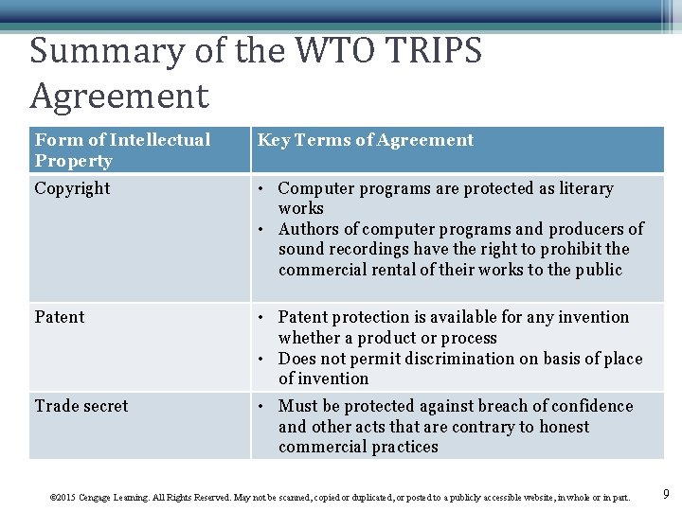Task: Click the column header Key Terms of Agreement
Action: (365, 140)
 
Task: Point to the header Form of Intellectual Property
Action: (121, 150)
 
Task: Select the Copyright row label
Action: (72, 188)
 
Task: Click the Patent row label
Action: (60, 317)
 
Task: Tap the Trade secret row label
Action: (81, 406)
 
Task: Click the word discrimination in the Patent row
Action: (457, 359)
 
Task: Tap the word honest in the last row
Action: (560, 427)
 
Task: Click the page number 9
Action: (666, 493)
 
